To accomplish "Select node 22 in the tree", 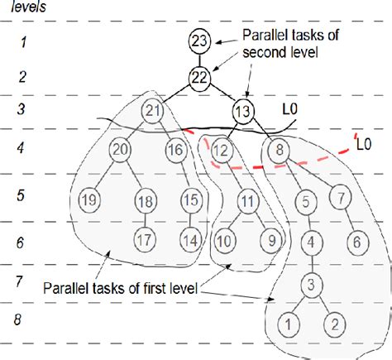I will coord(198,76).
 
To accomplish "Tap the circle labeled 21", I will coord(152,111).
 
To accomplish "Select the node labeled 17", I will coord(146,240).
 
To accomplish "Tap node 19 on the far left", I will coord(88,199).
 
